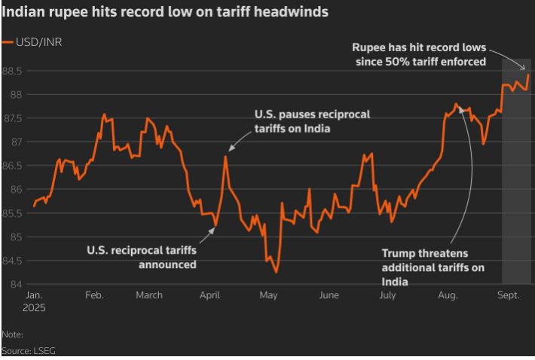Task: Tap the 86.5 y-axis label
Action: [14, 166]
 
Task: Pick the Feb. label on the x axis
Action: [94, 295]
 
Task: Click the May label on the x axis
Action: [268, 295]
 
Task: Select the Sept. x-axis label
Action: [509, 295]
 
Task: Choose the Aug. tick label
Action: [448, 295]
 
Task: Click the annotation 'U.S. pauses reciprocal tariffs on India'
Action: [312, 121]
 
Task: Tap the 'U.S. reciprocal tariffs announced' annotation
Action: [141, 257]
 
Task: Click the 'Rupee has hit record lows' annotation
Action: [420, 53]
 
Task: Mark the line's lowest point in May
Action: [277, 272]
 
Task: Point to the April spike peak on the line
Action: [225, 157]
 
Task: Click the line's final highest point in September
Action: [528, 75]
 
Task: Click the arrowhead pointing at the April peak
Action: [231, 149]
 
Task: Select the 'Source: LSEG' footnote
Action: [29, 350]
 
